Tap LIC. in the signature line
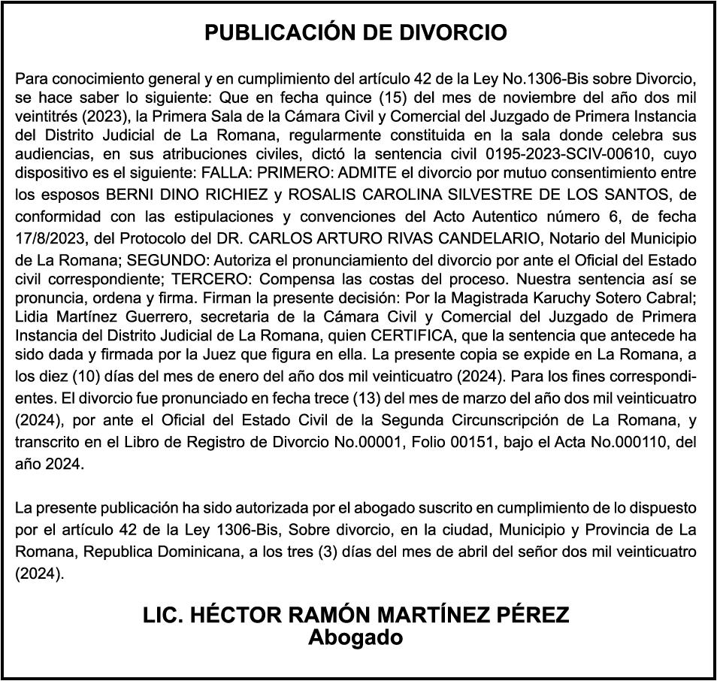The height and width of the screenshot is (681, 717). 162,615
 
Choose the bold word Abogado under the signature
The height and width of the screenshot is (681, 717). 356,637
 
